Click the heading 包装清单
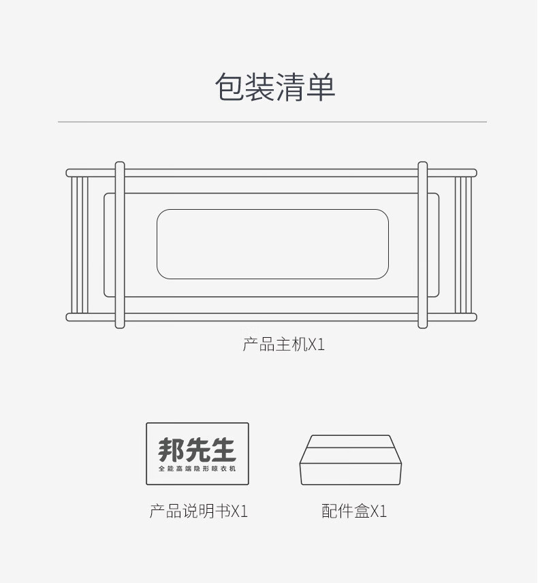click(275, 88)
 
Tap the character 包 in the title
click(230, 88)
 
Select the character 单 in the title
click(321, 88)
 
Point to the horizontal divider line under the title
click(272, 122)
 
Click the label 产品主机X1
click(283, 345)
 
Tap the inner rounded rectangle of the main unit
click(272, 245)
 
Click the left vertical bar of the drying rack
click(120, 245)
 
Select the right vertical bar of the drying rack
click(422, 245)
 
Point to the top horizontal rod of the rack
click(272, 173)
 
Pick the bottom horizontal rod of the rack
click(272, 317)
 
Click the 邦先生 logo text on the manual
click(197, 450)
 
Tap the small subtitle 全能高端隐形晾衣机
click(197, 469)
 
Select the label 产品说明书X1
click(198, 511)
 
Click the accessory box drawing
click(351, 460)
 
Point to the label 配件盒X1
click(354, 511)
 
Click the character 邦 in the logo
click(171, 450)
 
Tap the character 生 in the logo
click(223, 450)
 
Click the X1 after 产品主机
click(317, 345)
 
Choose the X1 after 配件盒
click(379, 511)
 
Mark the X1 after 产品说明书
click(240, 511)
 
